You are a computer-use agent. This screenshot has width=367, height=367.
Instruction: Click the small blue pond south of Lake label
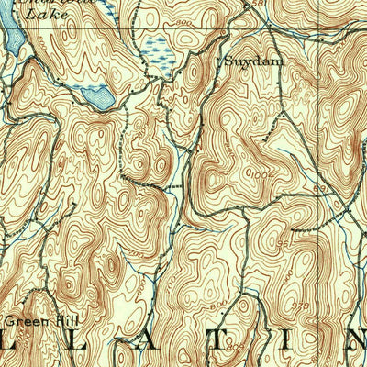[94, 95]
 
